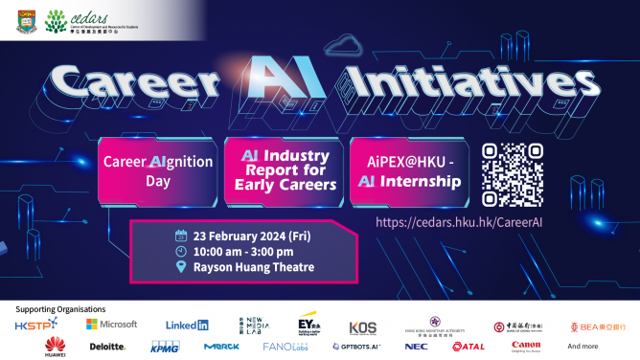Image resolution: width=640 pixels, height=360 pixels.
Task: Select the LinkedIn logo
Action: [187, 326]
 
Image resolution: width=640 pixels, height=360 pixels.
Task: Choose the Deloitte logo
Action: [107, 347]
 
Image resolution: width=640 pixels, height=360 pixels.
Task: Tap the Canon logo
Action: [526, 346]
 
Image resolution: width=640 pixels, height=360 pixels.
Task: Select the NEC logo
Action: [417, 347]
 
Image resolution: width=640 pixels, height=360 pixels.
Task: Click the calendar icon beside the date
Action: [180, 235]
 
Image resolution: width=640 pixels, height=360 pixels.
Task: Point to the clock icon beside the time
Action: [180, 251]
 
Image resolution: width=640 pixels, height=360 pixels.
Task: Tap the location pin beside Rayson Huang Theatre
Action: [180, 267]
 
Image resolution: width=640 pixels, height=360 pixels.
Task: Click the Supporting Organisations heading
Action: [60, 308]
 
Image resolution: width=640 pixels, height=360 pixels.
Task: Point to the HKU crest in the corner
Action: [26, 20]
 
